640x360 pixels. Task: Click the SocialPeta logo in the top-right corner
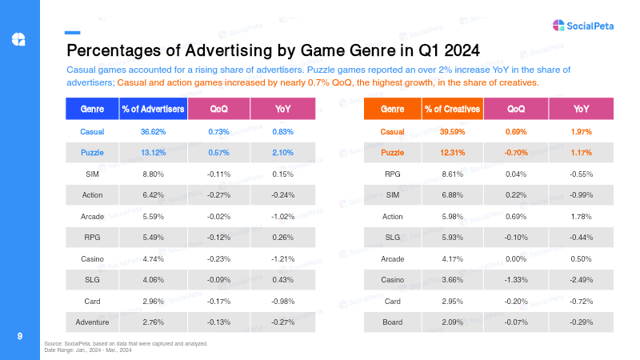click(x=583, y=26)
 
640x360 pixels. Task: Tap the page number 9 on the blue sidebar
click(x=19, y=336)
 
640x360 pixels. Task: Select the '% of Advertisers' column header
click(x=153, y=109)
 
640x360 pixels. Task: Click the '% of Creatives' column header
click(x=452, y=109)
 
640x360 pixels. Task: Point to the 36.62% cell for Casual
click(x=153, y=132)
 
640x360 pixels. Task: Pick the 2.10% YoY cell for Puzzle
click(x=283, y=153)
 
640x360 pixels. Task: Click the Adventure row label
click(x=92, y=322)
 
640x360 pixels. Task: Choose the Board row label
click(x=392, y=322)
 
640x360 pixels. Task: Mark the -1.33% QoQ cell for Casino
click(x=516, y=280)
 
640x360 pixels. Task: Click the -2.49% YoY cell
click(x=582, y=280)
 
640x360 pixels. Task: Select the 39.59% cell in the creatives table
click(x=452, y=132)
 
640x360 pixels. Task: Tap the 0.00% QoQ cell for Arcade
click(x=516, y=258)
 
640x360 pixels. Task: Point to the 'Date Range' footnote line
click(x=88, y=350)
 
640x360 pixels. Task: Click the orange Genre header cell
click(x=392, y=109)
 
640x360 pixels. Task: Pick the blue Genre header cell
click(x=92, y=109)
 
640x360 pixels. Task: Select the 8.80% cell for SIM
click(x=153, y=174)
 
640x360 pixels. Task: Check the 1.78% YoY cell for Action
click(x=582, y=217)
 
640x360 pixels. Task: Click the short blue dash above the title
click(x=72, y=33)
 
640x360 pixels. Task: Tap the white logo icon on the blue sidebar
click(x=18, y=39)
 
